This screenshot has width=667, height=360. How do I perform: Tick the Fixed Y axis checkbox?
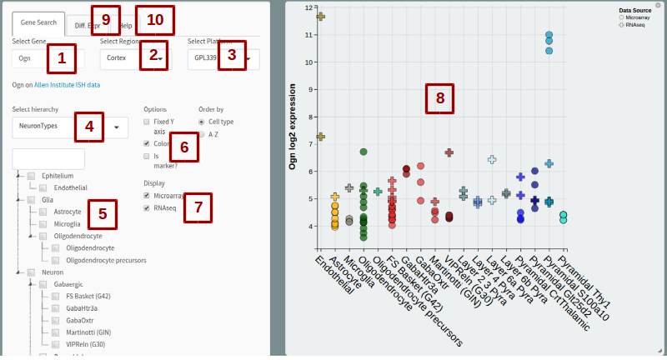(147, 122)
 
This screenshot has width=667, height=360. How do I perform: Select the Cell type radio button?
(202, 122)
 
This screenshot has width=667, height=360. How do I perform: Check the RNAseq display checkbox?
(147, 208)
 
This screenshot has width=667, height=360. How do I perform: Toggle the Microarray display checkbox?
(147, 196)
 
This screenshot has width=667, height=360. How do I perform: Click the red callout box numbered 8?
(439, 99)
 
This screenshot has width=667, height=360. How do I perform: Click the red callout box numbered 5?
(102, 214)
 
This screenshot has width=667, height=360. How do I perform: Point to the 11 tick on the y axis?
(309, 35)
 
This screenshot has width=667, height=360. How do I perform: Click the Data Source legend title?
(636, 10)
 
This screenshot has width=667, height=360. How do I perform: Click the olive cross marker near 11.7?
(320, 17)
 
